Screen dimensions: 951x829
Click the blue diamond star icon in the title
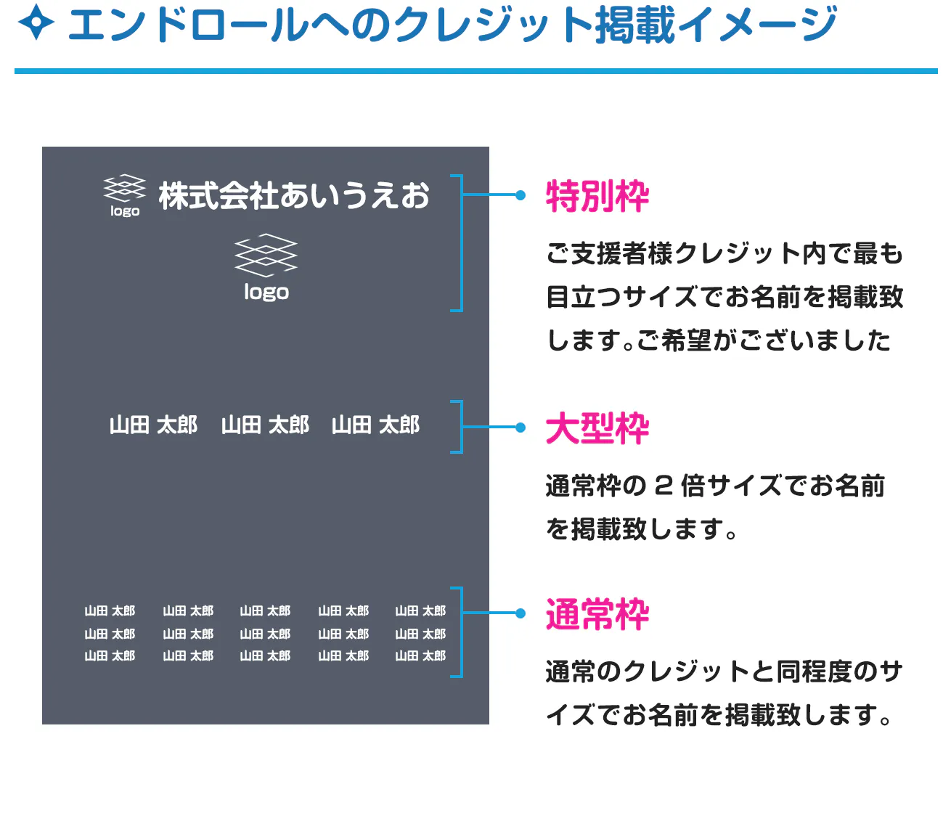[x=36, y=22]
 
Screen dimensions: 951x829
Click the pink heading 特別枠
[x=597, y=196]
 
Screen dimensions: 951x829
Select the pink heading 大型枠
[x=597, y=428]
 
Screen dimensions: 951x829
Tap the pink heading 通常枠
[x=597, y=614]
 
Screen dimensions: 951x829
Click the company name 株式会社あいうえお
[x=294, y=195]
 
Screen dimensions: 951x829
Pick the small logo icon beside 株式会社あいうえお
[x=125, y=195]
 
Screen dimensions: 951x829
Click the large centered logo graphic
[x=266, y=255]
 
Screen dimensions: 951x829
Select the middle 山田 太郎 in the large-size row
[x=265, y=425]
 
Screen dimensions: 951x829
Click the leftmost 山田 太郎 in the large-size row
[x=153, y=425]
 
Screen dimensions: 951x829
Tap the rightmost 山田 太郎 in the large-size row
[x=375, y=425]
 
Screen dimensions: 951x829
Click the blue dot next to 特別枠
[x=521, y=195]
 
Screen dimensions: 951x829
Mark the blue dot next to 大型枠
[x=521, y=427]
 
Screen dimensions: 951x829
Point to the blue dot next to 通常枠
[x=521, y=613]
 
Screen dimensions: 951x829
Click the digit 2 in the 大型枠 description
[x=664, y=486]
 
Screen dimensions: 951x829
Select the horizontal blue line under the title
[x=476, y=71]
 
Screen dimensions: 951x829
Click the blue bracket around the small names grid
[x=462, y=632]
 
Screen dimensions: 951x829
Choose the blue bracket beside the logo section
[x=462, y=242]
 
